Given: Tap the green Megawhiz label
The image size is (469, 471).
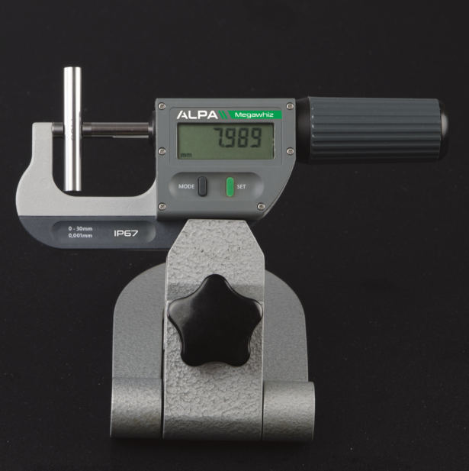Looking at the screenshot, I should [255, 115].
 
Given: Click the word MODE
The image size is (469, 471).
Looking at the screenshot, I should [186, 185].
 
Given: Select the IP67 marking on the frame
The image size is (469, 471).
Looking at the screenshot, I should [125, 234].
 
